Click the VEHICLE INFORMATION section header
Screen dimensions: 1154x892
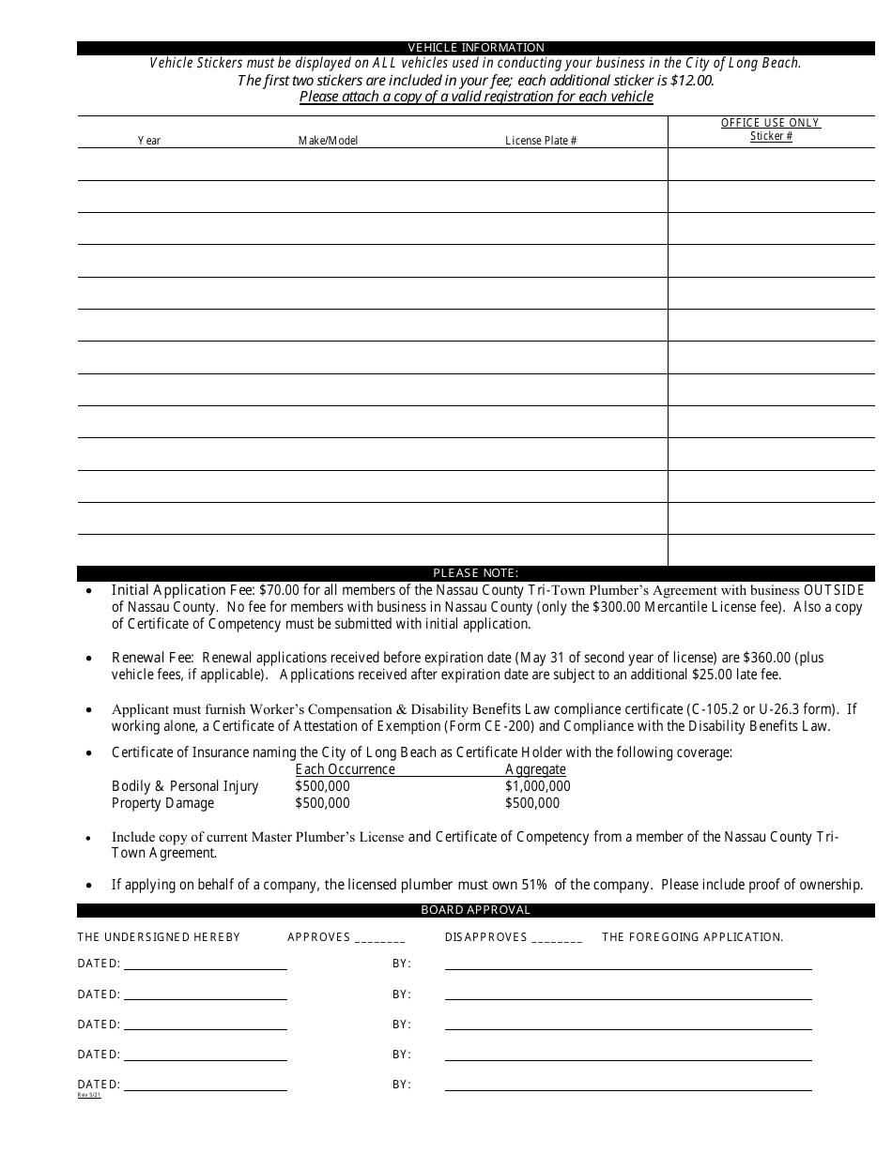[x=475, y=48]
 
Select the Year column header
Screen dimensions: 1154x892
[x=149, y=141]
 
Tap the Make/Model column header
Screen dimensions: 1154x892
[x=328, y=141]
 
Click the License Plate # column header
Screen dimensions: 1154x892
[x=541, y=141]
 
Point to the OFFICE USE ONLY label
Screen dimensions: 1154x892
[x=770, y=123]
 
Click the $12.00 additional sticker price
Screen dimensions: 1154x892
[x=694, y=81]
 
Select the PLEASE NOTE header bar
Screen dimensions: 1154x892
[x=475, y=573]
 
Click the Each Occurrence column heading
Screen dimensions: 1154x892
[x=345, y=769]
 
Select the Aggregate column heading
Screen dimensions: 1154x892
[x=535, y=769]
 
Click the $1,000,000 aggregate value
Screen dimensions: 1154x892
[x=537, y=786]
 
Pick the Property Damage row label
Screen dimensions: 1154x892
[x=162, y=803]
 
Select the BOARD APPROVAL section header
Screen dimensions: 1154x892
[x=475, y=910]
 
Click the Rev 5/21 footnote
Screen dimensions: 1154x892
[x=88, y=1095]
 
